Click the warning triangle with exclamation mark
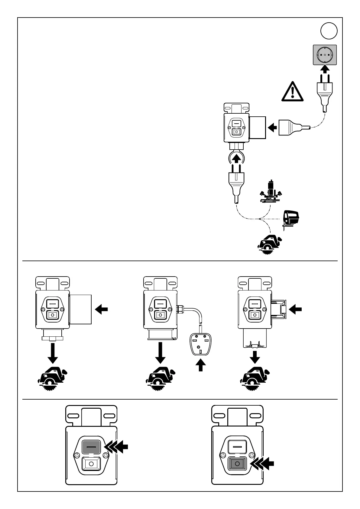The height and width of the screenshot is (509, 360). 292,91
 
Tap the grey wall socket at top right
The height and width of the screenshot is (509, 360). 325,55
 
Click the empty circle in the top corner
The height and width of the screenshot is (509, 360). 329,31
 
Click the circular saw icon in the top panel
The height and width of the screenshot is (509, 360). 270,244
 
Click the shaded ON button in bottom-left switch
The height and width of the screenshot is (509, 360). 91,446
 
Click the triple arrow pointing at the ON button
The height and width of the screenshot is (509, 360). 116,447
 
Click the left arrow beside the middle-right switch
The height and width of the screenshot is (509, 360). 295,309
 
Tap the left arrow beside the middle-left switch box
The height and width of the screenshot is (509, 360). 102,309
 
